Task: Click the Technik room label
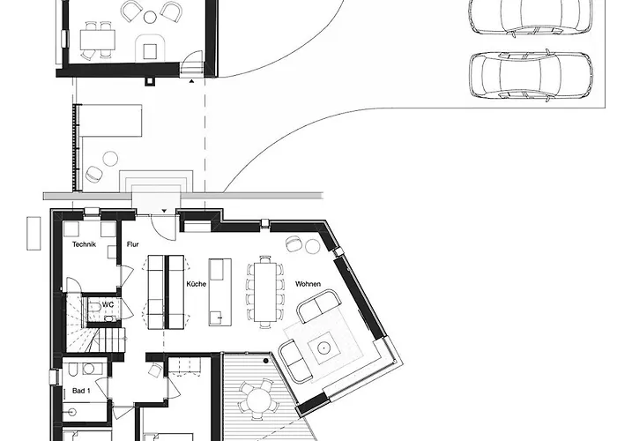(85, 244)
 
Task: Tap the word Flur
(132, 244)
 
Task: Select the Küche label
(197, 284)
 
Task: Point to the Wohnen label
(308, 284)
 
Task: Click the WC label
(108, 305)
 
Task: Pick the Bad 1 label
(81, 391)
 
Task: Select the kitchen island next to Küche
(220, 292)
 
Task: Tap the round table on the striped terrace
(257, 400)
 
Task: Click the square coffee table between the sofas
(323, 348)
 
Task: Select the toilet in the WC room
(94, 306)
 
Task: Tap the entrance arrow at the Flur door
(165, 211)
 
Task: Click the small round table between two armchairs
(150, 17)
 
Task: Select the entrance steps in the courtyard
(156, 181)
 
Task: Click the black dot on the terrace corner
(266, 361)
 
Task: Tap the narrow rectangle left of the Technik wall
(33, 233)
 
